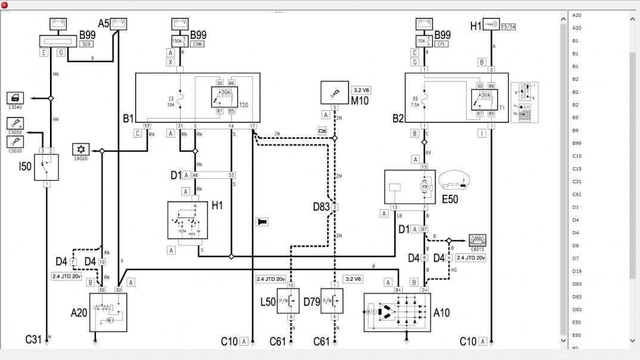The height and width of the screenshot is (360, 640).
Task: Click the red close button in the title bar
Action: click(x=5, y=5)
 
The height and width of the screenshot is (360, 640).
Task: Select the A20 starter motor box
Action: click(x=108, y=312)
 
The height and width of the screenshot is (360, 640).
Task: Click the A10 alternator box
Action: click(x=397, y=312)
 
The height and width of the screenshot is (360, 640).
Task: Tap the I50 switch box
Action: click(x=46, y=167)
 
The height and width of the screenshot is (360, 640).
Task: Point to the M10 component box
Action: click(x=334, y=92)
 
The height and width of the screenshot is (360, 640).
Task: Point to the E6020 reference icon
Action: click(x=80, y=151)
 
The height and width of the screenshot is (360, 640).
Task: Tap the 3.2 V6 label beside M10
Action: click(x=361, y=90)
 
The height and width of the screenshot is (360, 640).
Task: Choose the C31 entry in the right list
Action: click(x=577, y=182)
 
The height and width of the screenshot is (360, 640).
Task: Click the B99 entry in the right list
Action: click(x=576, y=143)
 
